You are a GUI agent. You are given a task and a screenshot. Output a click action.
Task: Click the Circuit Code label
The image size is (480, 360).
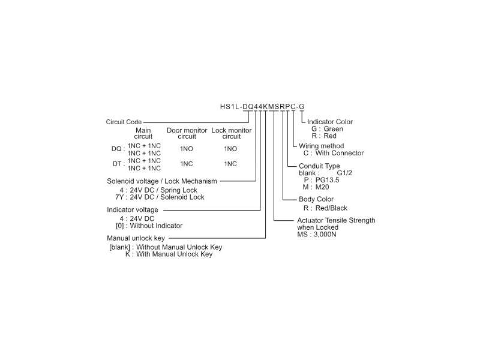[x=124, y=122]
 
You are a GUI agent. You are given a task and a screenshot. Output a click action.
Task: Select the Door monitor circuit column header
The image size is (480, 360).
[x=187, y=133]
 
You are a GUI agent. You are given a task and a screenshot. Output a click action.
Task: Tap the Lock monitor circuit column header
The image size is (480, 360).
[x=231, y=133]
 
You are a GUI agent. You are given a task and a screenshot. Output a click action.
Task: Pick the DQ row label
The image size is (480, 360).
[x=118, y=149]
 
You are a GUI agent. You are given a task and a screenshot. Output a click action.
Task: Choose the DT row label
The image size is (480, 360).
[x=118, y=164]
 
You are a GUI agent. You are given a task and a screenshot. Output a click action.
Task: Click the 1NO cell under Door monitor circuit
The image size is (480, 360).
[x=187, y=149]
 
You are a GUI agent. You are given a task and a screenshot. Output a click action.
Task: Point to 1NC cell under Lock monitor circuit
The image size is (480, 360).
[x=230, y=164]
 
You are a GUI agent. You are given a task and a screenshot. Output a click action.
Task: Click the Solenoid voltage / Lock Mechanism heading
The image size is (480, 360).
[x=161, y=181]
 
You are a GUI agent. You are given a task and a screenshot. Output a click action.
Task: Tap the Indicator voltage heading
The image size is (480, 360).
[x=133, y=209]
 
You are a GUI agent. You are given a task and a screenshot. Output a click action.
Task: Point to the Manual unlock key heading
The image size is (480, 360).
[x=136, y=238]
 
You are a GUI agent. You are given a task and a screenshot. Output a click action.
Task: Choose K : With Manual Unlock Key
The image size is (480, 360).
[x=169, y=254]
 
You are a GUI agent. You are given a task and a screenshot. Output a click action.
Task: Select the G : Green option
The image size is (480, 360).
[x=327, y=129]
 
